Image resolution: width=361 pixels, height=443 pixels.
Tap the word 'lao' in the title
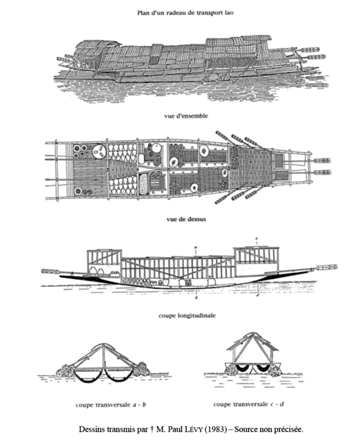point(229,13)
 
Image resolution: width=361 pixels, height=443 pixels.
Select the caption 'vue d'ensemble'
point(186,116)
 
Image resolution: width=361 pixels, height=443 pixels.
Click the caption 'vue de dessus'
point(186,219)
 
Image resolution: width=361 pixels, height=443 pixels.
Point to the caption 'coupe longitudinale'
point(187,315)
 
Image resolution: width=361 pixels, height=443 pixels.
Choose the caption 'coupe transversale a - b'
point(111,405)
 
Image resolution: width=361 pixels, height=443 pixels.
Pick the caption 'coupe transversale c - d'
point(249,404)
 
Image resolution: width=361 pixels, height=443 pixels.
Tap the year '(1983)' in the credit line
point(215,429)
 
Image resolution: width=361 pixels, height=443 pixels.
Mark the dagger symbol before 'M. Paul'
point(152,429)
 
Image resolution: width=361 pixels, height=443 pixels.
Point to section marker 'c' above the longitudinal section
point(257,239)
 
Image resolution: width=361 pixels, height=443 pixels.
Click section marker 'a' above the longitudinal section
point(196,248)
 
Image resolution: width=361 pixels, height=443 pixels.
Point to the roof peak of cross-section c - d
point(253,334)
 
